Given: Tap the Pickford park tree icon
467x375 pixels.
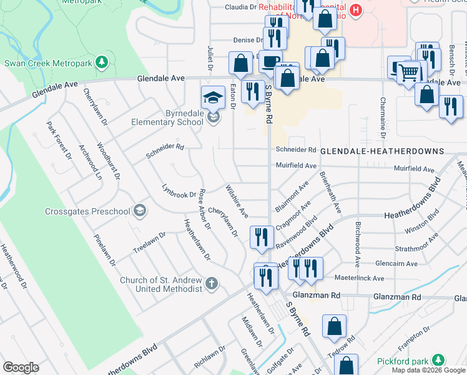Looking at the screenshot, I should click(x=439, y=361).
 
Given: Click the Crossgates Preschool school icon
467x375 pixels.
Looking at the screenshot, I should click(x=140, y=211).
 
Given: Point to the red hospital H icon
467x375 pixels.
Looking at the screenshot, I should click(x=355, y=11).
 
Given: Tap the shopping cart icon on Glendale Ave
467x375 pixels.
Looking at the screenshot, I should click(x=409, y=72).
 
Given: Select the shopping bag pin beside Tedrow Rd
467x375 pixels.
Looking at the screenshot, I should click(x=334, y=326).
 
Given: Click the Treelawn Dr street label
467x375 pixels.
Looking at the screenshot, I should click(x=149, y=243).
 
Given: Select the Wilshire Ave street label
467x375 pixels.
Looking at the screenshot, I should click(x=237, y=201).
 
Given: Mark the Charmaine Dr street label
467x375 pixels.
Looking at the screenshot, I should click(x=382, y=117).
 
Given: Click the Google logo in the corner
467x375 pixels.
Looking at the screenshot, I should click(x=21, y=367).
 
